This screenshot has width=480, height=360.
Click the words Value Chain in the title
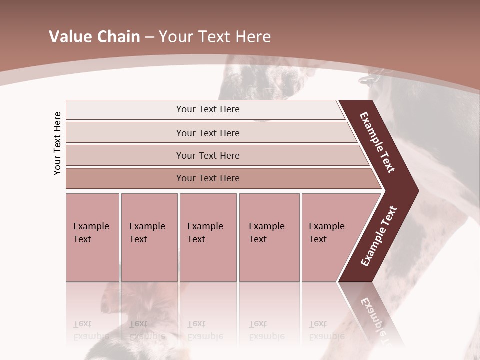(94, 37)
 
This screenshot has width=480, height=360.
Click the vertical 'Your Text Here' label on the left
(57, 143)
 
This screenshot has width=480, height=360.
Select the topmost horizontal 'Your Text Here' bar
(207, 109)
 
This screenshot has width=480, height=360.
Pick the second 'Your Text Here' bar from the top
(207, 133)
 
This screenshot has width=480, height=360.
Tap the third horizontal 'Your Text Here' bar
(207, 155)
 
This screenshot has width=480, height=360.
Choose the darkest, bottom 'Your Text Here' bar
(207, 178)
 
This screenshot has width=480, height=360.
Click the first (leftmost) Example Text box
(92, 237)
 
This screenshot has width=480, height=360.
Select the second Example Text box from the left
(149, 237)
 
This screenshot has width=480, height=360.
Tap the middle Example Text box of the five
(207, 237)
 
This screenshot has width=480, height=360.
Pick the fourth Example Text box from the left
(269, 237)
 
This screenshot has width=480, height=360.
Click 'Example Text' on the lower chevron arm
(378, 236)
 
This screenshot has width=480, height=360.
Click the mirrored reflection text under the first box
(91, 330)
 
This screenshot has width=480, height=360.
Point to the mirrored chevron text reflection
(373, 315)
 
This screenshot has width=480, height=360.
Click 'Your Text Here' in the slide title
(215, 37)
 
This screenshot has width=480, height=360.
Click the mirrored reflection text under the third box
(205, 330)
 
